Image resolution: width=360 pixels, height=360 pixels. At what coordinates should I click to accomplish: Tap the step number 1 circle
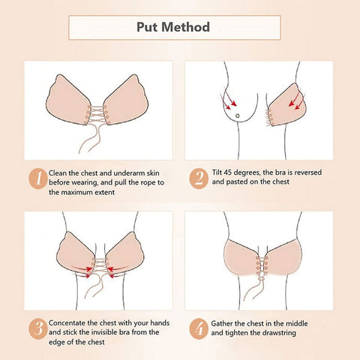tap(38, 178)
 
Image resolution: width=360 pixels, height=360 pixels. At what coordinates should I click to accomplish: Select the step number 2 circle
tap(199, 178)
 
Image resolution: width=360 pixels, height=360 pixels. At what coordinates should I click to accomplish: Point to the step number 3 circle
tap(38, 328)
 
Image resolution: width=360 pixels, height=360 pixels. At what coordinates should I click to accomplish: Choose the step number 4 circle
tap(199, 328)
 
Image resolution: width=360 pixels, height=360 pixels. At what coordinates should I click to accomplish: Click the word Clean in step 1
tap(58, 173)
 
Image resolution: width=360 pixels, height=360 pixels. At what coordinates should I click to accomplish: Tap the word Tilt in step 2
tap(217, 172)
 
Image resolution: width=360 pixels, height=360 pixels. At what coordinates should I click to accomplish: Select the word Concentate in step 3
tap(67, 322)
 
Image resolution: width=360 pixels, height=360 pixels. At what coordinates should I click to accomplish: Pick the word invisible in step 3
tap(103, 332)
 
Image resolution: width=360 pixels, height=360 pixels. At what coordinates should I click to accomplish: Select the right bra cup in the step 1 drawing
tap(126, 100)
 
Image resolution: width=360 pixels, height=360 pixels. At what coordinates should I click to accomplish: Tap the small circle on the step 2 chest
tap(237, 115)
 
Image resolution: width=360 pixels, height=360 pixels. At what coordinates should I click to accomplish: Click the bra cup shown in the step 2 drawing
tap(287, 105)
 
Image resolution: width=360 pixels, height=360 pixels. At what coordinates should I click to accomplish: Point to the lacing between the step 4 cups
tap(262, 265)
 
